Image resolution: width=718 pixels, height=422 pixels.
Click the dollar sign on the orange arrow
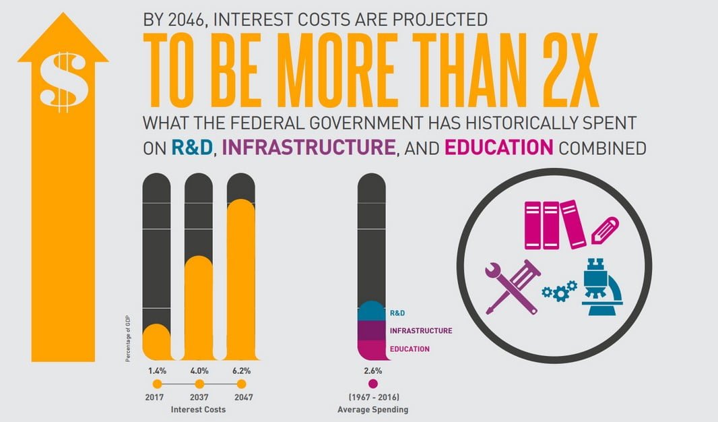(63, 82)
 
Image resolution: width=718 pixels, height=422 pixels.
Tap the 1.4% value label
(156, 371)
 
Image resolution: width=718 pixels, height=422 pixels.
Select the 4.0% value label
(198, 371)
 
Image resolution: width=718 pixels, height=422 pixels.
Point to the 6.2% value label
(241, 371)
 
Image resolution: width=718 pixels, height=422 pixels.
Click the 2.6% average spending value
(373, 371)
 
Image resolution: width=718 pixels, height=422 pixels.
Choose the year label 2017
(155, 397)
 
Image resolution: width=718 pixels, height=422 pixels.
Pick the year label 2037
(198, 397)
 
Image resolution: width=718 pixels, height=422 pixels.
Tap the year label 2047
(241, 397)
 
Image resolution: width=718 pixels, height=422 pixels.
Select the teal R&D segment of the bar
(373, 311)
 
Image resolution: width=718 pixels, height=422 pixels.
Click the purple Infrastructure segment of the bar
(373, 330)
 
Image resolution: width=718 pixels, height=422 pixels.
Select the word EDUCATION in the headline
(499, 147)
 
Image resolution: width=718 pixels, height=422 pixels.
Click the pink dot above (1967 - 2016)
(373, 384)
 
